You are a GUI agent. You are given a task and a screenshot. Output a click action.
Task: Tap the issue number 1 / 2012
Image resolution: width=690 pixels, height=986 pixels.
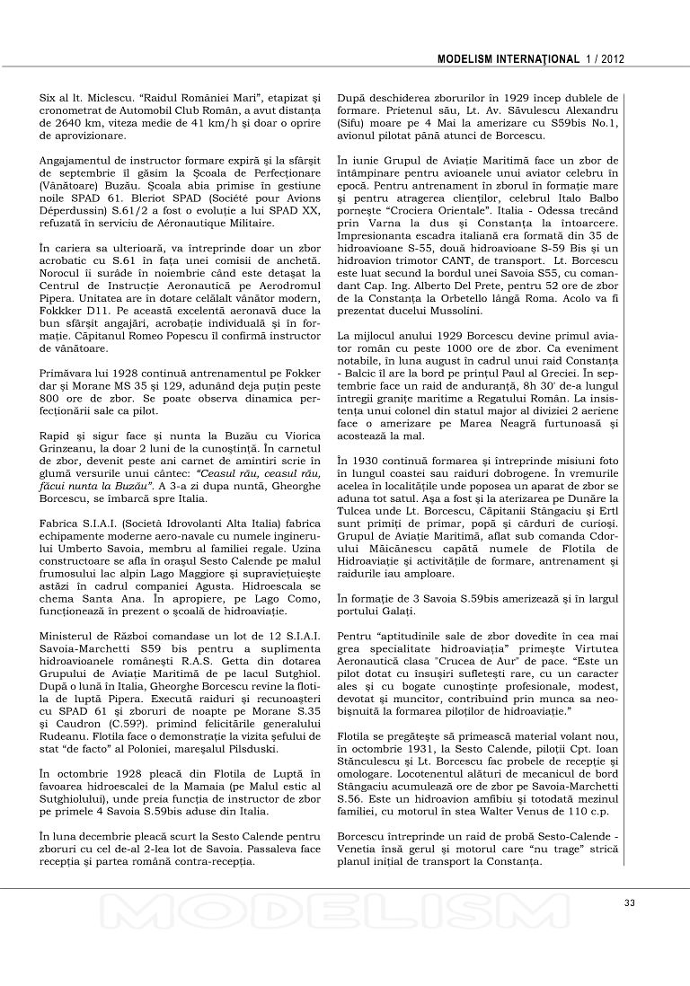tap(605, 59)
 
